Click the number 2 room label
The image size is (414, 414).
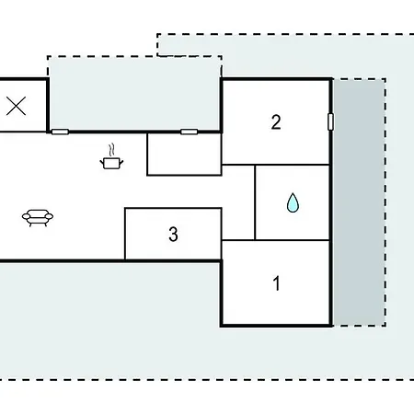coord(276,122)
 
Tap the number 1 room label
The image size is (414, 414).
coord(277,283)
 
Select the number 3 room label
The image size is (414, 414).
coord(173,235)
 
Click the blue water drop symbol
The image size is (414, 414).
coord(293,202)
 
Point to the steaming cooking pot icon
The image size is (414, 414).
coord(111,156)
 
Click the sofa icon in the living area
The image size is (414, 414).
coord(38,218)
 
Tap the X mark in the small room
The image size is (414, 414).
coord(16,106)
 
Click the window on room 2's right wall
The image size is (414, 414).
coord(330,121)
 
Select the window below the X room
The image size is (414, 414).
coord(60,132)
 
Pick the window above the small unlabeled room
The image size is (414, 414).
coord(189,132)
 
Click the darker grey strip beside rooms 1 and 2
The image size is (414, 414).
coord(359,202)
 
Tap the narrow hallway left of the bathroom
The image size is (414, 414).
coord(238,202)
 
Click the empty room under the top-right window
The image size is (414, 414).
coord(184,155)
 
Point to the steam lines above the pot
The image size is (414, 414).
coord(112,150)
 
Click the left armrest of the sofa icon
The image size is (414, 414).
coord(26,217)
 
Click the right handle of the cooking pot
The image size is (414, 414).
coord(121,162)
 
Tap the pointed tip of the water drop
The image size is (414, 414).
coord(293,193)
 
